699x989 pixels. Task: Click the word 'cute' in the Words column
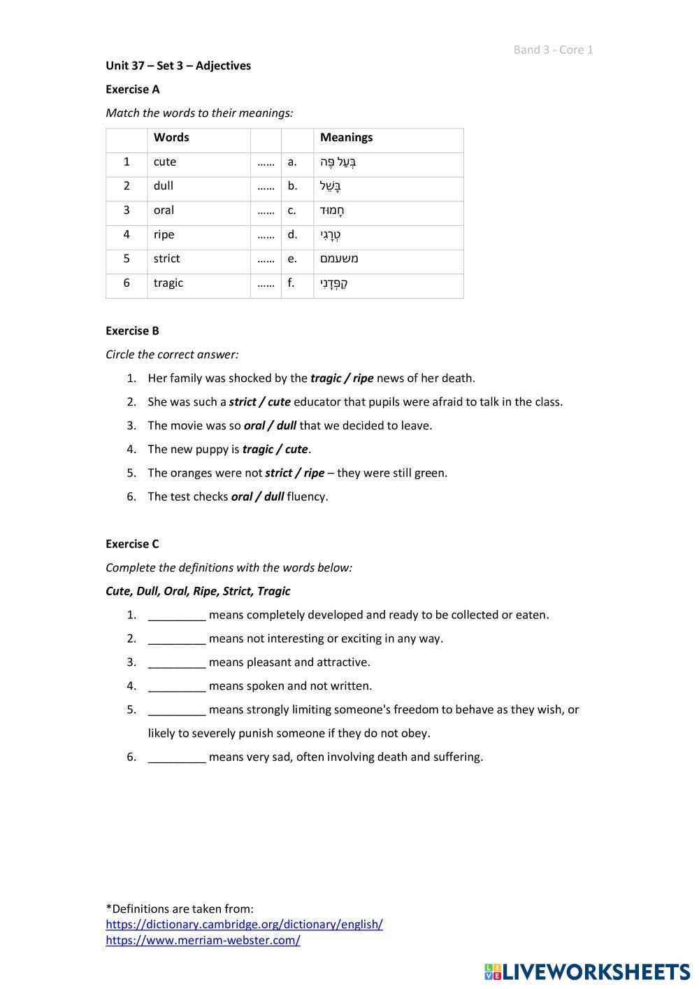point(165,162)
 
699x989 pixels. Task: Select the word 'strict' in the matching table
point(167,259)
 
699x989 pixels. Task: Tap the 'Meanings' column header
point(346,138)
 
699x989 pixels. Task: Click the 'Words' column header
point(171,138)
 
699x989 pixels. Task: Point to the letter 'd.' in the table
point(292,234)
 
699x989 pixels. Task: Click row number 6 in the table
point(127,283)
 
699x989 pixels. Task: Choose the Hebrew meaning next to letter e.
point(339,259)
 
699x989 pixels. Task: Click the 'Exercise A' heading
point(133,90)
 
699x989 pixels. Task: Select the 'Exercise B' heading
point(133,331)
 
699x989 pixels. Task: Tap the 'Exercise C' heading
point(133,544)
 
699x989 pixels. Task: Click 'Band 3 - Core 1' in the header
point(553,50)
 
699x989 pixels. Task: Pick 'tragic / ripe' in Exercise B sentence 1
point(342,378)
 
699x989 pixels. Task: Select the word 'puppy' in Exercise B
point(211,449)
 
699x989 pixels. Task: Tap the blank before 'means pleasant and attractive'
point(177,662)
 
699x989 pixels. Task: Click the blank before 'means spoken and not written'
point(177,686)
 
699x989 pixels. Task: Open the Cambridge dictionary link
point(244,925)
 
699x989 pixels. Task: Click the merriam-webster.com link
point(203,941)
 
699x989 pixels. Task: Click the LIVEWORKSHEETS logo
point(587,972)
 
